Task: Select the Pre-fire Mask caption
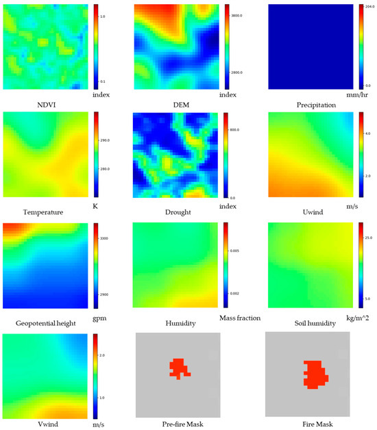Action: click(x=178, y=425)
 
